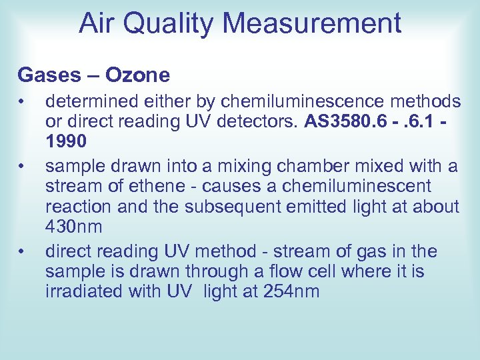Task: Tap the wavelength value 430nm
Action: pos(74,227)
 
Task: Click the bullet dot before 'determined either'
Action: pos(22,102)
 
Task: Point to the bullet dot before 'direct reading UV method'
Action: pos(22,251)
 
